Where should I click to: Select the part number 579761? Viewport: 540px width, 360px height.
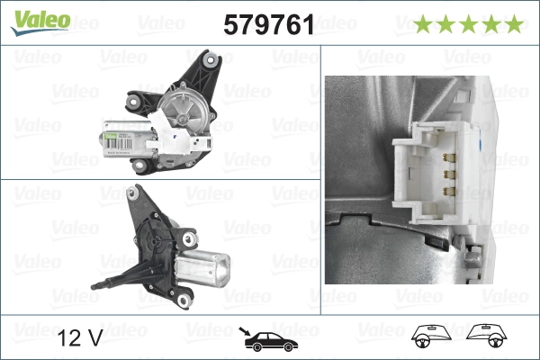pos(267,25)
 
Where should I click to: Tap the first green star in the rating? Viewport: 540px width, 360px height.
pos(424,24)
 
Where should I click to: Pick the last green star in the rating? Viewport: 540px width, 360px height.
pos(514,24)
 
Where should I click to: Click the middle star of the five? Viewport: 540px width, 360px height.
pos(469,24)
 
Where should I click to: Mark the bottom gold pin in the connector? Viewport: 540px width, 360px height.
pos(447,191)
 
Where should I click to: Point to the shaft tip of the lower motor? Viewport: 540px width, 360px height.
pos(96,286)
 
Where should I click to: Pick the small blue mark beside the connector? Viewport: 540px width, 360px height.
pos(484,142)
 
